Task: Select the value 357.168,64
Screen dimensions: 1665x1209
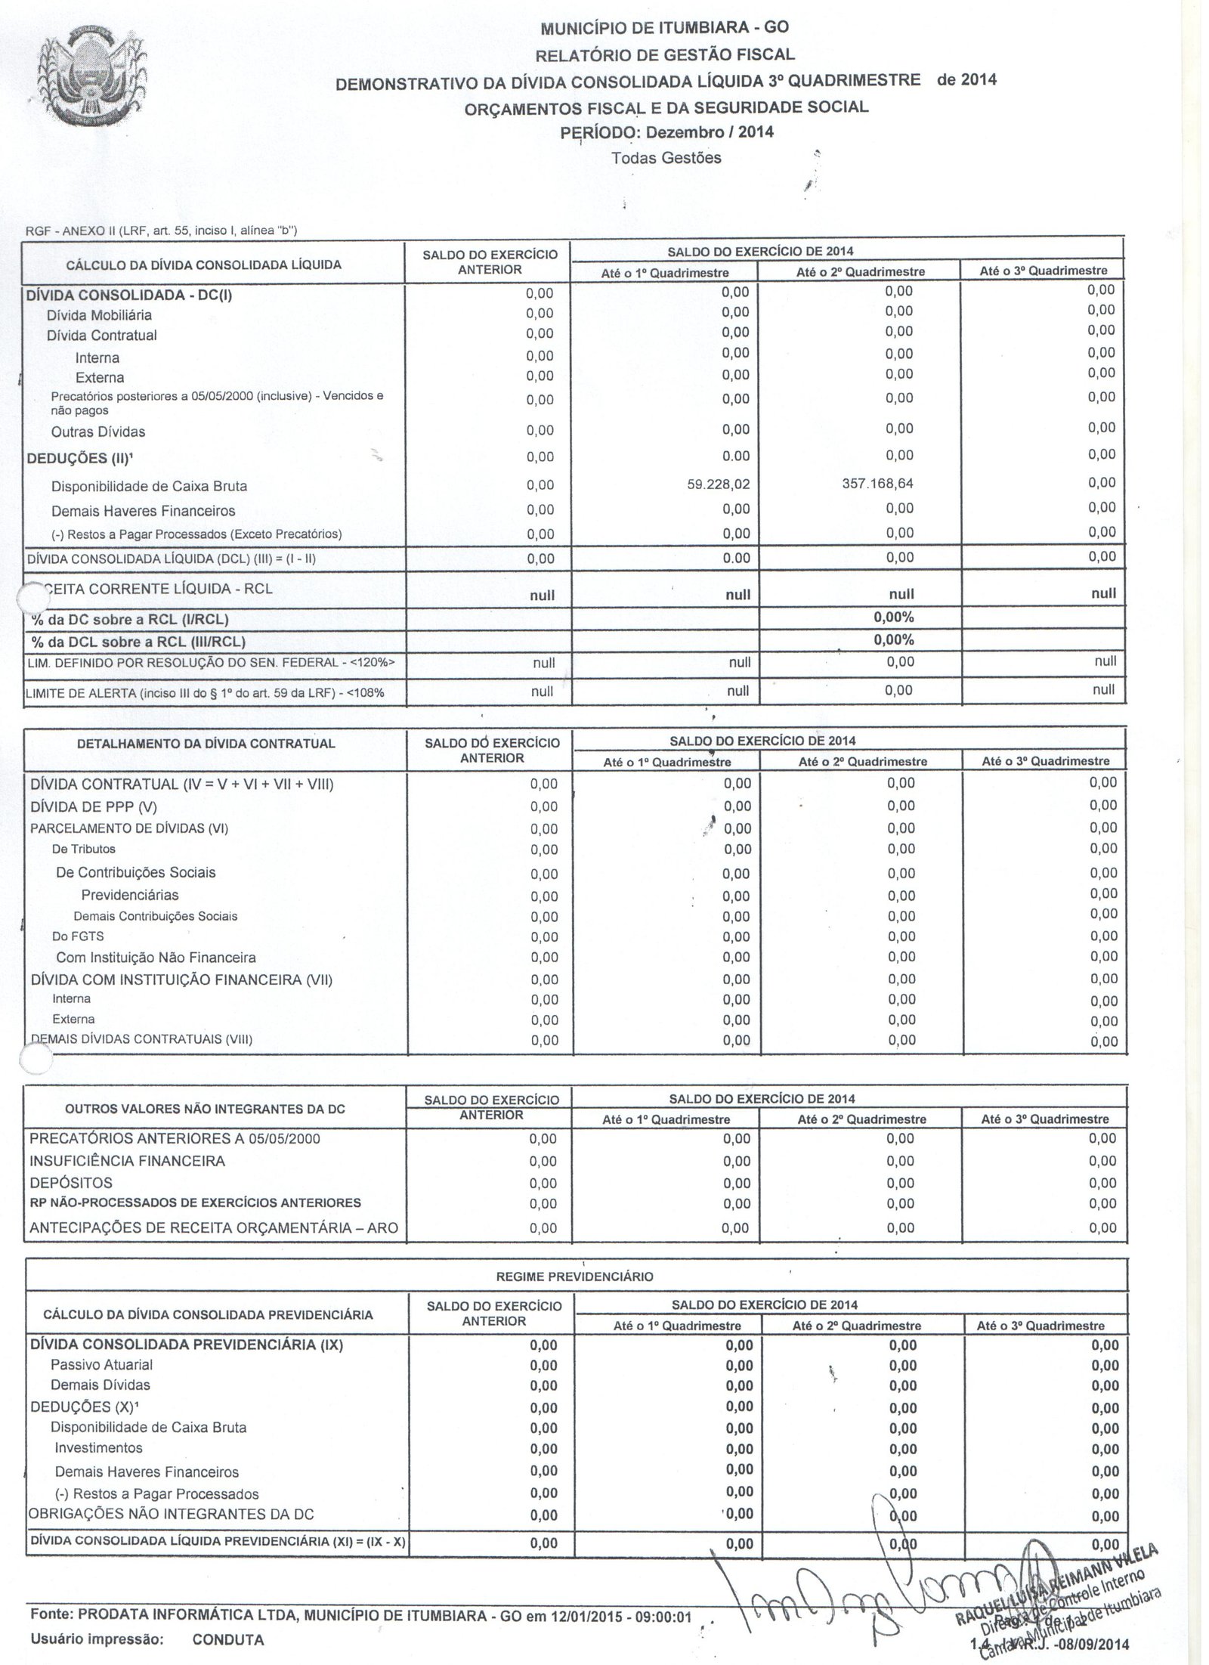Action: click(x=877, y=483)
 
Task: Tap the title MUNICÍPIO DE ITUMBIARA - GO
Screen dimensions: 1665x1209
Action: click(x=664, y=28)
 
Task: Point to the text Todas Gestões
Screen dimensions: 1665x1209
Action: click(x=666, y=158)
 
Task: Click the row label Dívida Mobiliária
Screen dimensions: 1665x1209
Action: click(x=99, y=315)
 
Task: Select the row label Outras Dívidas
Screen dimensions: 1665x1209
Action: click(x=98, y=432)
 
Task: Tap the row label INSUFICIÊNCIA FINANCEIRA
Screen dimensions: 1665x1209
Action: click(x=127, y=1161)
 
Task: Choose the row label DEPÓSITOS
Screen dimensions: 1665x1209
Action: click(x=71, y=1183)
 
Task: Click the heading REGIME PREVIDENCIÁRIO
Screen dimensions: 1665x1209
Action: click(x=574, y=1277)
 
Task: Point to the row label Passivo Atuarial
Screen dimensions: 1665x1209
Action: click(x=101, y=1365)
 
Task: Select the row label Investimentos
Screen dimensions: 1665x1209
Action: click(x=98, y=1448)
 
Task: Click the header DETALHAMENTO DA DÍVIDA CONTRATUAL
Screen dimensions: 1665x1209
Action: click(x=206, y=744)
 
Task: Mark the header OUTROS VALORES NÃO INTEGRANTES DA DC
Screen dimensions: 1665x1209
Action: click(x=206, y=1109)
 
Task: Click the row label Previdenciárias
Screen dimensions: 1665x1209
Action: click(x=130, y=896)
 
